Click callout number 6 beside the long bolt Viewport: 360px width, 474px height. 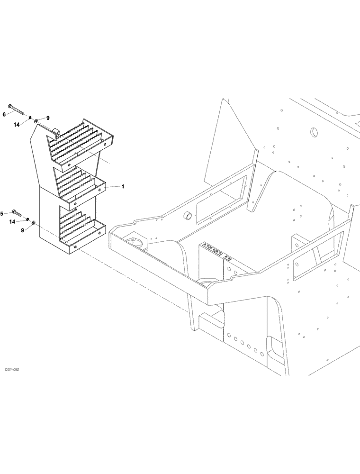(4, 114)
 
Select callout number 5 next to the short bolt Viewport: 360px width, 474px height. (2, 214)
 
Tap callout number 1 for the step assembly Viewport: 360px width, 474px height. (123, 187)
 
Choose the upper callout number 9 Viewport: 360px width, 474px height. (47, 118)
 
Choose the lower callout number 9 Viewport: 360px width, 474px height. (22, 230)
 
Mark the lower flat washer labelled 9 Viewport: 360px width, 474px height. (33, 221)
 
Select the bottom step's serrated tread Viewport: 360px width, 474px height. (76, 223)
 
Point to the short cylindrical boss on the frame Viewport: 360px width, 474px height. (188, 216)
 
